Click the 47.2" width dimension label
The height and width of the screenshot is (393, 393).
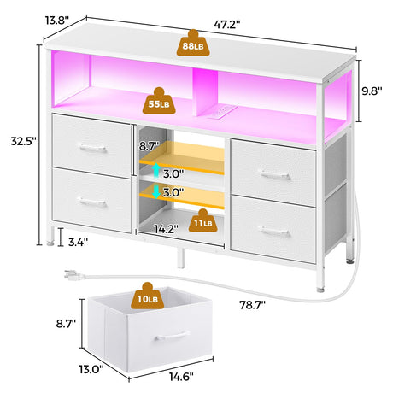point(227,25)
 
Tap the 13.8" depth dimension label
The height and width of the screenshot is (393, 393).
point(57,21)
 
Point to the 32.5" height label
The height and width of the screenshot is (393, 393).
point(24,141)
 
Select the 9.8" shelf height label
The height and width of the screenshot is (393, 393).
point(372,91)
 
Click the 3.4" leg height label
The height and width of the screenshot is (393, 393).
point(78,242)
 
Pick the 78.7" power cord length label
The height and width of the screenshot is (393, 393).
point(252,305)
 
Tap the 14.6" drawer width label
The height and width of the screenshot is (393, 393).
point(181,377)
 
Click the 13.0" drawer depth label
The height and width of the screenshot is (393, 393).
point(91,369)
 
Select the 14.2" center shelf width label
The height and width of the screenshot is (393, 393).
point(167,229)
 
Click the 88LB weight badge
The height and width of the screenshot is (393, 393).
point(193,43)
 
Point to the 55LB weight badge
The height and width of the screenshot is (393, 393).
point(159,101)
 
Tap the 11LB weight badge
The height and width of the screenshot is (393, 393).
point(203,220)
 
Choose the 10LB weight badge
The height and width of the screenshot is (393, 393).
point(148,296)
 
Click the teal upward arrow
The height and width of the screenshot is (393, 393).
point(155,171)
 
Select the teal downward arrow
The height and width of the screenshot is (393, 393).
point(155,191)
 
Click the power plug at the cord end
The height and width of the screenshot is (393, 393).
point(74,274)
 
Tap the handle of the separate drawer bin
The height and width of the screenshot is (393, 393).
point(172,336)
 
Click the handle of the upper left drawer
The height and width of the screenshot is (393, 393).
point(92,148)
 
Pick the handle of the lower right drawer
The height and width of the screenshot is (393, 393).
point(275,231)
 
